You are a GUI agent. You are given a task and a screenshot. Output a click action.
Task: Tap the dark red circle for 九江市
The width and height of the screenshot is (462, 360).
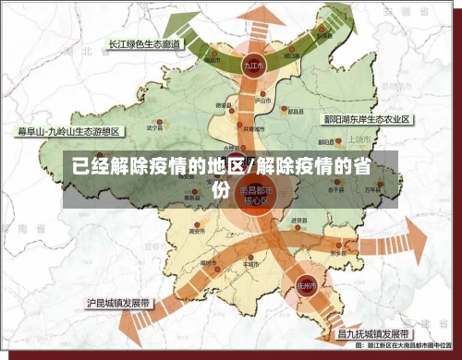[x=251, y=66]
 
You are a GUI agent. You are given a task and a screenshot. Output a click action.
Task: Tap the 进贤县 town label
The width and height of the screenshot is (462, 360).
[x=298, y=222]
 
